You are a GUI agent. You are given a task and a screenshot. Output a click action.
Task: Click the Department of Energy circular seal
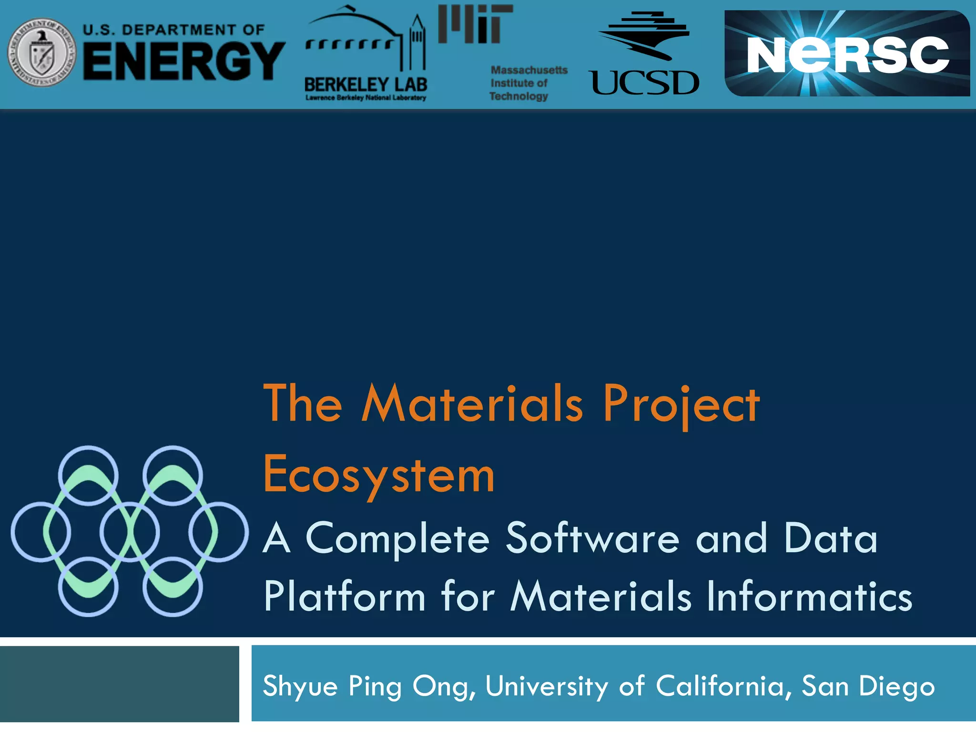point(42,53)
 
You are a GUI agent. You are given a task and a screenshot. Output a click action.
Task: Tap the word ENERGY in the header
point(184,61)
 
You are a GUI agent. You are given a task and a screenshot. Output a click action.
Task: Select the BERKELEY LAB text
point(366,84)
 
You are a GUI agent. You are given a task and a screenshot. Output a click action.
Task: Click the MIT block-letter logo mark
point(475,24)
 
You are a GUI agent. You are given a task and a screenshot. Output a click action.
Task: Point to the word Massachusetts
point(529,70)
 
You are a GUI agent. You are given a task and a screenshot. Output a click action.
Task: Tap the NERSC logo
point(847,54)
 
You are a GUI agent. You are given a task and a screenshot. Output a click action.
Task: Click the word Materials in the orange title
point(472,404)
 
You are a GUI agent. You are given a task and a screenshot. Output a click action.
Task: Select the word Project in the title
point(681,404)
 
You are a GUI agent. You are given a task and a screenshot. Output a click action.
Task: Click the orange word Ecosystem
point(379,475)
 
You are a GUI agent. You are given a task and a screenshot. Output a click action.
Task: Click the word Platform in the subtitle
point(345,597)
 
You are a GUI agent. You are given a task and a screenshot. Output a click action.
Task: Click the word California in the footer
point(720,686)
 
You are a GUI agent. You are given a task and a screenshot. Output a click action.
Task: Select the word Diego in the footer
point(896,687)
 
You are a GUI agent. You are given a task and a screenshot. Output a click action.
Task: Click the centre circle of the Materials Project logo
point(130,531)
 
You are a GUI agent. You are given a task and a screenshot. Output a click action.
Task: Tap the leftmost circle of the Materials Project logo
point(41,531)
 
